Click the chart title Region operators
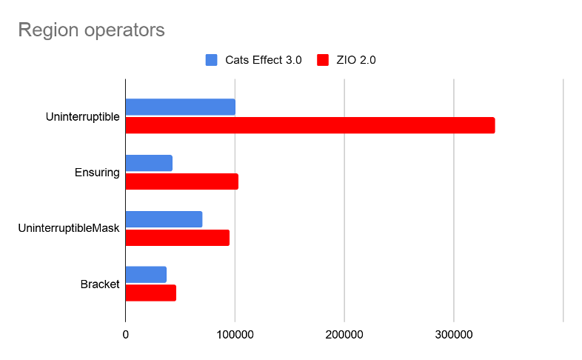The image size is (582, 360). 91,30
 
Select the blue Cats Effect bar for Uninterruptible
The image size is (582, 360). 180,107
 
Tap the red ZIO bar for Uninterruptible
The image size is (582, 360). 310,125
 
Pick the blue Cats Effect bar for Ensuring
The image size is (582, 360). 149,163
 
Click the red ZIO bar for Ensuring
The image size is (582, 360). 181,181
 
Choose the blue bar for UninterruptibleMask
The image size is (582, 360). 164,219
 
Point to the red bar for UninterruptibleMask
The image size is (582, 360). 177,238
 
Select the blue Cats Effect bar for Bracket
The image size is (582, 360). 146,275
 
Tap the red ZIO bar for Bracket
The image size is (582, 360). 150,293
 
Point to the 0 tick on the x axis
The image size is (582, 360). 125,336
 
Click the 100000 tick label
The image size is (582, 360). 235,336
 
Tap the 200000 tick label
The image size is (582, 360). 344,336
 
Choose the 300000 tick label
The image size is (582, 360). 454,336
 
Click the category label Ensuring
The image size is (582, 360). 97,173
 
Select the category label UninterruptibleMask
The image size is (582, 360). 69,228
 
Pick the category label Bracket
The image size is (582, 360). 99,284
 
